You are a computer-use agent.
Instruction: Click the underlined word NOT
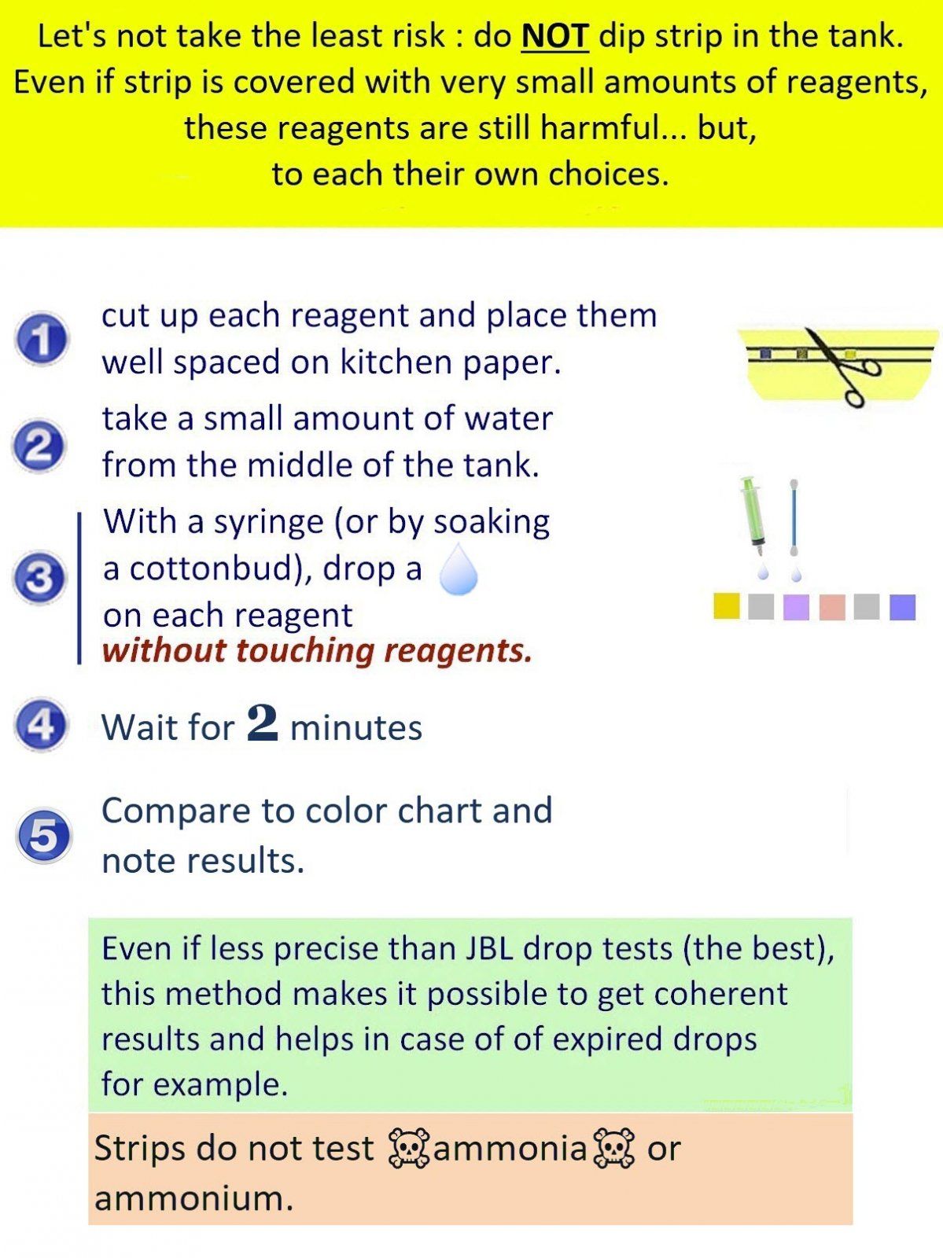555,36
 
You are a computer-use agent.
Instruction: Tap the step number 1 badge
41,339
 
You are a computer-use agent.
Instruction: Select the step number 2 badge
39,446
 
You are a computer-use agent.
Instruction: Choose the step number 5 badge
43,837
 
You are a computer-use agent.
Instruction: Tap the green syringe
752,516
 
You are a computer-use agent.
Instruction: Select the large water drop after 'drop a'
459,569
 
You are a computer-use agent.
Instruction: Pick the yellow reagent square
726,606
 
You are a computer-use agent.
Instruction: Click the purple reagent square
796,607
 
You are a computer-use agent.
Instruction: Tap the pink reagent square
832,607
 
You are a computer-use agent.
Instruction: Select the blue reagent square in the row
902,607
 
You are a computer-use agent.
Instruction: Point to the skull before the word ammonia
409,1148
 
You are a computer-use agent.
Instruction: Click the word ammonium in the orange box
193,1197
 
